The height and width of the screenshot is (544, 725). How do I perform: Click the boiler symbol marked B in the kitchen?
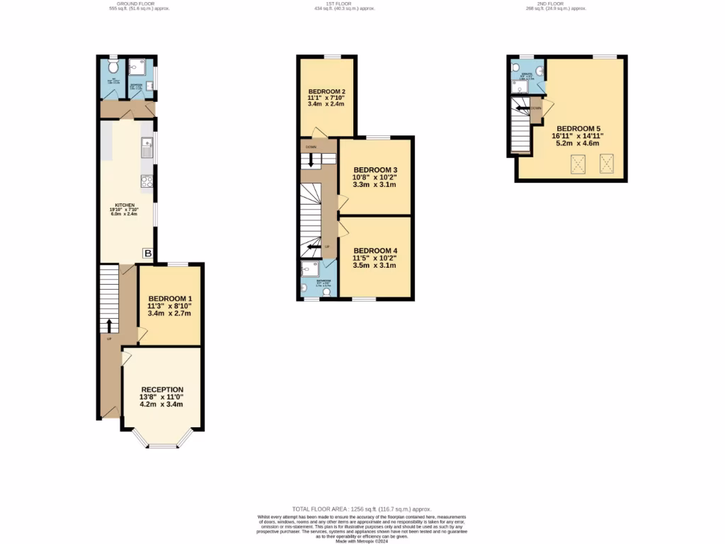(x=148, y=253)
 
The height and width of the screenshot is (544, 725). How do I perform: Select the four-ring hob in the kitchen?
(x=147, y=181)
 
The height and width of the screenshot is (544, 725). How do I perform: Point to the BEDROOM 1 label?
(x=169, y=299)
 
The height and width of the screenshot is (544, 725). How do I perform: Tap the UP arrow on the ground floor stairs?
(x=109, y=324)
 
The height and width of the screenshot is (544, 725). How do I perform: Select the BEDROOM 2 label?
(x=326, y=92)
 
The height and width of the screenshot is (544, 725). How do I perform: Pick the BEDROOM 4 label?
(x=375, y=251)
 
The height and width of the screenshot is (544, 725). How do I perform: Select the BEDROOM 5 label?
(x=579, y=127)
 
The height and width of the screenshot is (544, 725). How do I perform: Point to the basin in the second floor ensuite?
(x=540, y=71)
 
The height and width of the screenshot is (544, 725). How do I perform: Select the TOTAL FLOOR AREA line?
(x=362, y=509)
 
